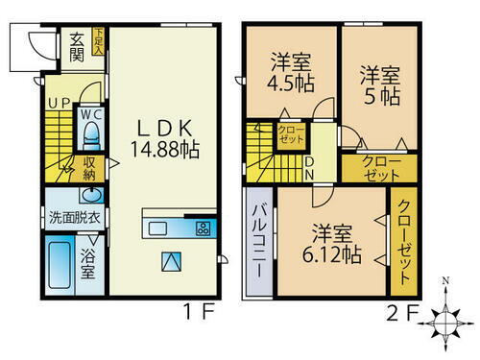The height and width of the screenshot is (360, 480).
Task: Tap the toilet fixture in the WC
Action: point(89,132)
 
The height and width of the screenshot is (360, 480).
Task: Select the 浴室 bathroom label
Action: point(87,264)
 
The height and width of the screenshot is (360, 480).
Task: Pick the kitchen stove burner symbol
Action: point(204,228)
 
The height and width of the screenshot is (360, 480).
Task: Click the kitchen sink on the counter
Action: point(158,228)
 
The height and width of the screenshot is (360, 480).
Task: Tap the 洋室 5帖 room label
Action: point(380,83)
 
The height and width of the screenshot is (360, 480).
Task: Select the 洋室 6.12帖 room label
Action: point(332,245)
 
